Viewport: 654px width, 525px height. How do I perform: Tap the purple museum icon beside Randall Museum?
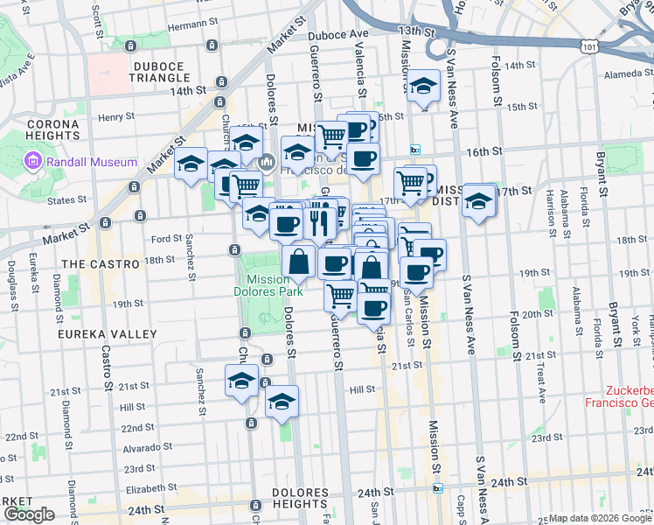(33, 161)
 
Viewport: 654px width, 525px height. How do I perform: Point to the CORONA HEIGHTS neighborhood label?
(52, 129)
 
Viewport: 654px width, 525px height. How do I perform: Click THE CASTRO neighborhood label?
(101, 263)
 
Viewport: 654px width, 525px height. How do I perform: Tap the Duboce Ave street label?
(339, 35)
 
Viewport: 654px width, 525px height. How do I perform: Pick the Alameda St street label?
(615, 74)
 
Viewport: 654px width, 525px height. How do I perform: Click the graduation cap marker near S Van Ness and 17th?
(479, 201)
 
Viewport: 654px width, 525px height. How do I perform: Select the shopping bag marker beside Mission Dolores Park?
(299, 260)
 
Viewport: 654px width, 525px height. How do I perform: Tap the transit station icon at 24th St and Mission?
(438, 488)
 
